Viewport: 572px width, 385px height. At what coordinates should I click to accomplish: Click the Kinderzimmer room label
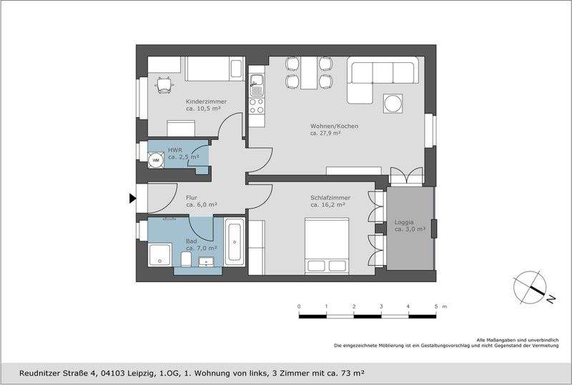point(206,101)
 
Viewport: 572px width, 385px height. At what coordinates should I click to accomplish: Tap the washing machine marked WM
point(156,160)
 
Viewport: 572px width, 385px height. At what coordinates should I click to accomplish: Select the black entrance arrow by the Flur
point(133,199)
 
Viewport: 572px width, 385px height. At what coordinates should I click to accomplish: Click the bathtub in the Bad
point(235,242)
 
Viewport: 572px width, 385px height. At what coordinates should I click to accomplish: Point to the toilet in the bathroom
point(186,259)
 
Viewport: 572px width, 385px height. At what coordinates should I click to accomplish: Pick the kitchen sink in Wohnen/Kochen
point(257,85)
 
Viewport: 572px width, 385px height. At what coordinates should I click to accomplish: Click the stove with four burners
point(257,106)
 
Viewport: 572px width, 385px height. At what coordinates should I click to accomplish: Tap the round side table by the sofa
point(393,104)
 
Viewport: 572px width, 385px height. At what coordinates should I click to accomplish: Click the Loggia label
point(404,222)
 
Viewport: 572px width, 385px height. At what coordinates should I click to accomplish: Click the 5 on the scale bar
point(436,306)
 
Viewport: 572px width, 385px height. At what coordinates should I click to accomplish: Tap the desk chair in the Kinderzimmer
point(164,85)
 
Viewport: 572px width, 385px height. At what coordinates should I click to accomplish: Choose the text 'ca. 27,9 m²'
point(325,134)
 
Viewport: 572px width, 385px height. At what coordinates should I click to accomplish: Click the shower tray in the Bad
point(159,255)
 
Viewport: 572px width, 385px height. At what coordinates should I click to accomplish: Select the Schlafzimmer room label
point(330,198)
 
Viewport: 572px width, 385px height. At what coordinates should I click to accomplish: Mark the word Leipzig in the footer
point(139,374)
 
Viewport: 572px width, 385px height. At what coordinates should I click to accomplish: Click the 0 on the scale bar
point(299,306)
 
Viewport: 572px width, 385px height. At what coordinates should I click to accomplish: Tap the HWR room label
point(174,150)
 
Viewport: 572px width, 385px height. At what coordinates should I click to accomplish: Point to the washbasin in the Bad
point(207,261)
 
